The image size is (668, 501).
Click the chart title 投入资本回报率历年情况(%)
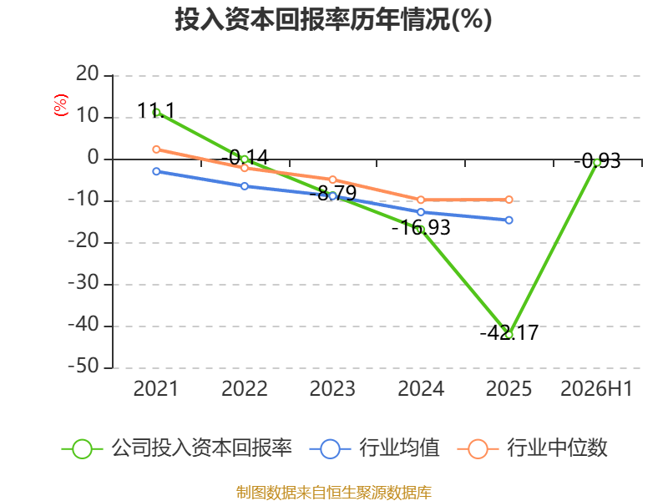333,19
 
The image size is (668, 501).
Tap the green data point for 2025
509,335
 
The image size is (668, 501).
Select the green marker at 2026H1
597,162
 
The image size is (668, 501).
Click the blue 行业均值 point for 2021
156,171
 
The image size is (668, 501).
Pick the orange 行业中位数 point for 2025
509,200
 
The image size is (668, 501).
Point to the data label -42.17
509,332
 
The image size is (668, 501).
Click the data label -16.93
421,227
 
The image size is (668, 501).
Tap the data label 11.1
156,111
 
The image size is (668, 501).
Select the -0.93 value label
597,161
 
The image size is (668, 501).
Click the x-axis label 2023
332,388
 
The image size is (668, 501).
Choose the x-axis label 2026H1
596,388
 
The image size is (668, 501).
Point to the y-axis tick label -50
83,367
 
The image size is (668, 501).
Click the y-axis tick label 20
88,74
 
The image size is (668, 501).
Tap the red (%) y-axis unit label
61,105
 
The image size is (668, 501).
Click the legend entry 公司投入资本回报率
177,448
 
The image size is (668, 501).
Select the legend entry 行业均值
374,448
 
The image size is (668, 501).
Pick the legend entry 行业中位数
533,448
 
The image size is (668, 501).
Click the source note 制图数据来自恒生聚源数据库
334,493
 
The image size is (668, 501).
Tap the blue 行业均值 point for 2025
509,220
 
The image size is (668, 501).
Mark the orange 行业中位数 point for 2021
156,149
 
